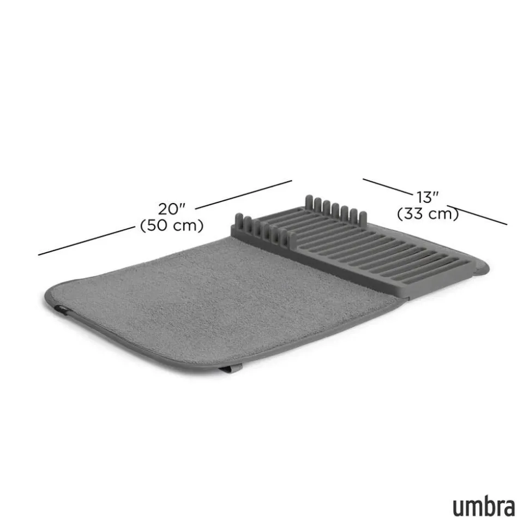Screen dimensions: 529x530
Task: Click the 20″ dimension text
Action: click(172, 209)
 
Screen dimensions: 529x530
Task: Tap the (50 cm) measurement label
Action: click(172, 225)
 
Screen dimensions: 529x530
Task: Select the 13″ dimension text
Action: click(427, 197)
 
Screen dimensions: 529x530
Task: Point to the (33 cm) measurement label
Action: click(428, 213)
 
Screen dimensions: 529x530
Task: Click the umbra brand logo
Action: click(484, 508)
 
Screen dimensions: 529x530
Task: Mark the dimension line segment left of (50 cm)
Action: click(87, 241)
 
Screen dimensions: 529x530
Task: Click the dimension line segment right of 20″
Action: click(243, 195)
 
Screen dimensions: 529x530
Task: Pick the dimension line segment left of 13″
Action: click(387, 187)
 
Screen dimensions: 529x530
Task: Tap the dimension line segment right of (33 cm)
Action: click(477, 215)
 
